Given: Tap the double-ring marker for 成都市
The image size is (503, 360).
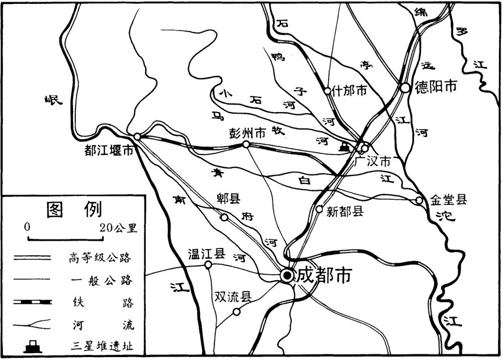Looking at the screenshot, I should (288, 276).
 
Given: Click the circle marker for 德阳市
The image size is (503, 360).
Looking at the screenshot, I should (405, 88).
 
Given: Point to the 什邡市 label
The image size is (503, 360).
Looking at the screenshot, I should (350, 90).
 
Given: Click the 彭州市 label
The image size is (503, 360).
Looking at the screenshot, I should (247, 133).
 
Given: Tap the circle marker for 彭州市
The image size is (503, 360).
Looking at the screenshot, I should (246, 145).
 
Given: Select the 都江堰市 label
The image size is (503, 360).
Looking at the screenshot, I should (109, 151).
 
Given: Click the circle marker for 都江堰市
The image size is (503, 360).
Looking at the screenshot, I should (137, 136).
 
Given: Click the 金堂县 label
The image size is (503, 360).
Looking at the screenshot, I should (448, 199).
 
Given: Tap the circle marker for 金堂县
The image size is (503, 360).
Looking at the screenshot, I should (419, 200).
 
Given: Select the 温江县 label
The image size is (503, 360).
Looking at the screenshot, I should (207, 253).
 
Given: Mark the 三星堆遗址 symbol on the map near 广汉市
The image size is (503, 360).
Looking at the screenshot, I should (343, 147).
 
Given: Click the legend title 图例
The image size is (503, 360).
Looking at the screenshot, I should (74, 209).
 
